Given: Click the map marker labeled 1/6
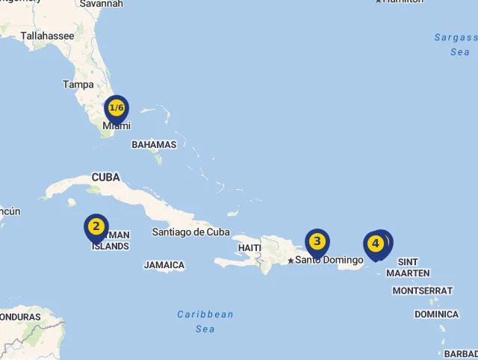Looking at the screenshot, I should coord(117,109).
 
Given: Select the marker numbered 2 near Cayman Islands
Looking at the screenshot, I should coord(96,227).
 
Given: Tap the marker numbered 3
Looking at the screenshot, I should coord(317,242).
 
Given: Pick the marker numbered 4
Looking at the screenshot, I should coord(375,244).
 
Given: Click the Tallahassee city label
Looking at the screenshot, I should coord(48,36).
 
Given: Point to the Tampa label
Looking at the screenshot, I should coord(78,84).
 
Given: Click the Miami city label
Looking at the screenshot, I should coord(117,126).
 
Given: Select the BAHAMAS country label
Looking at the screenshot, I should coord(154,145).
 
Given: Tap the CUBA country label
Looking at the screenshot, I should coord(105,178).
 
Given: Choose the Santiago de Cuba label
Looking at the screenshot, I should coord(191,232).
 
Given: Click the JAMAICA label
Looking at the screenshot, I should coord(164,265).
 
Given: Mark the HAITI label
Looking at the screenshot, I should coord(249,248).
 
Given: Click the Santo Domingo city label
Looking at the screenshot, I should coord(329,260).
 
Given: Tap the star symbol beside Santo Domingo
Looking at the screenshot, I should coord(291,261).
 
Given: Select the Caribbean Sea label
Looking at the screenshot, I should coord(205,321).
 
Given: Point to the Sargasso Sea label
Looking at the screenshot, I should coord(456,45).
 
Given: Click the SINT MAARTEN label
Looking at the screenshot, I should coord(408,267).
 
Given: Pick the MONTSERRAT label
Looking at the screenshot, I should coord(423,291).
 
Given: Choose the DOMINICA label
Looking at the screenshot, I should coord(436,314).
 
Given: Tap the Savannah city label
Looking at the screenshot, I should coord(101,4).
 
